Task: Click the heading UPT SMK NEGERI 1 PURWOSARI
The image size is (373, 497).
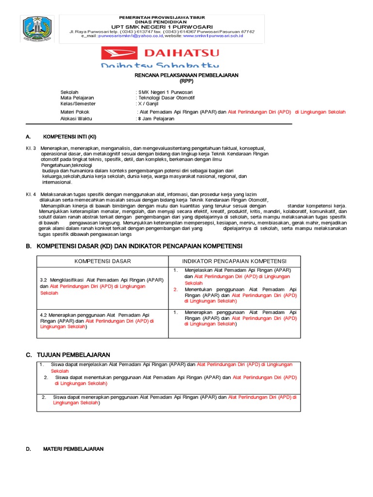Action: coord(163,26)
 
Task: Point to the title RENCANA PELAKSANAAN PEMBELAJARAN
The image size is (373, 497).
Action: coord(186,76)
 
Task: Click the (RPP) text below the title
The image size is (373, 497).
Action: coord(186,81)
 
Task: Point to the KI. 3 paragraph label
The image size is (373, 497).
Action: coord(31,148)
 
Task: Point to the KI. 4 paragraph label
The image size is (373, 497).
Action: coord(31,194)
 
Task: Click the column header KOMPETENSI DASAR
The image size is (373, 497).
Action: coord(102,261)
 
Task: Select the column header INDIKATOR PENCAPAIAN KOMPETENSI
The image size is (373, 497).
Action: coord(234,261)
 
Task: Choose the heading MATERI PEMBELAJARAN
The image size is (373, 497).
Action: coord(73,449)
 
